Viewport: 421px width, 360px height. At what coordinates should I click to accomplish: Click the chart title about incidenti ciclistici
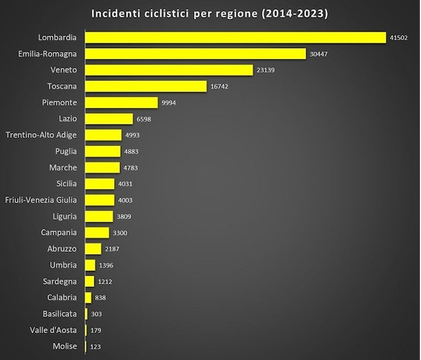pyautogui.click(x=210, y=13)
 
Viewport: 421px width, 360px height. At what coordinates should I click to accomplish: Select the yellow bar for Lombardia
pyautogui.click(x=236, y=38)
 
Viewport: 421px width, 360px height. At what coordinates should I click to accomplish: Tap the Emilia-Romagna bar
pyautogui.click(x=195, y=54)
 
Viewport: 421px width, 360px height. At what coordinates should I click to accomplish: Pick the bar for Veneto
pyautogui.click(x=169, y=70)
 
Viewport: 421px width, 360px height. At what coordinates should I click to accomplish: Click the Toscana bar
pyautogui.click(x=146, y=86)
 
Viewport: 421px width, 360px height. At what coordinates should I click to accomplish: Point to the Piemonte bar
pyautogui.click(x=121, y=102)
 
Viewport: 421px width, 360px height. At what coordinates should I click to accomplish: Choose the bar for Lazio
pyautogui.click(x=109, y=119)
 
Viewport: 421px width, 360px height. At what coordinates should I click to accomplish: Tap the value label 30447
pyautogui.click(x=319, y=54)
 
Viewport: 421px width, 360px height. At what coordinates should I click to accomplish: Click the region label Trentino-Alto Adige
pyautogui.click(x=41, y=135)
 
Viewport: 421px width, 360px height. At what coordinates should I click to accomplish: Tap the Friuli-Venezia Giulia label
pyautogui.click(x=41, y=200)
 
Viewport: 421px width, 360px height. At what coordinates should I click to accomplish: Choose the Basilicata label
pyautogui.click(x=57, y=314)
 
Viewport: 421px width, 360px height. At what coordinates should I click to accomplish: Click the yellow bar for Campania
pyautogui.click(x=97, y=233)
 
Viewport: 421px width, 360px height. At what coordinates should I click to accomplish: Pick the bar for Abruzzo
pyautogui.click(x=93, y=249)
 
